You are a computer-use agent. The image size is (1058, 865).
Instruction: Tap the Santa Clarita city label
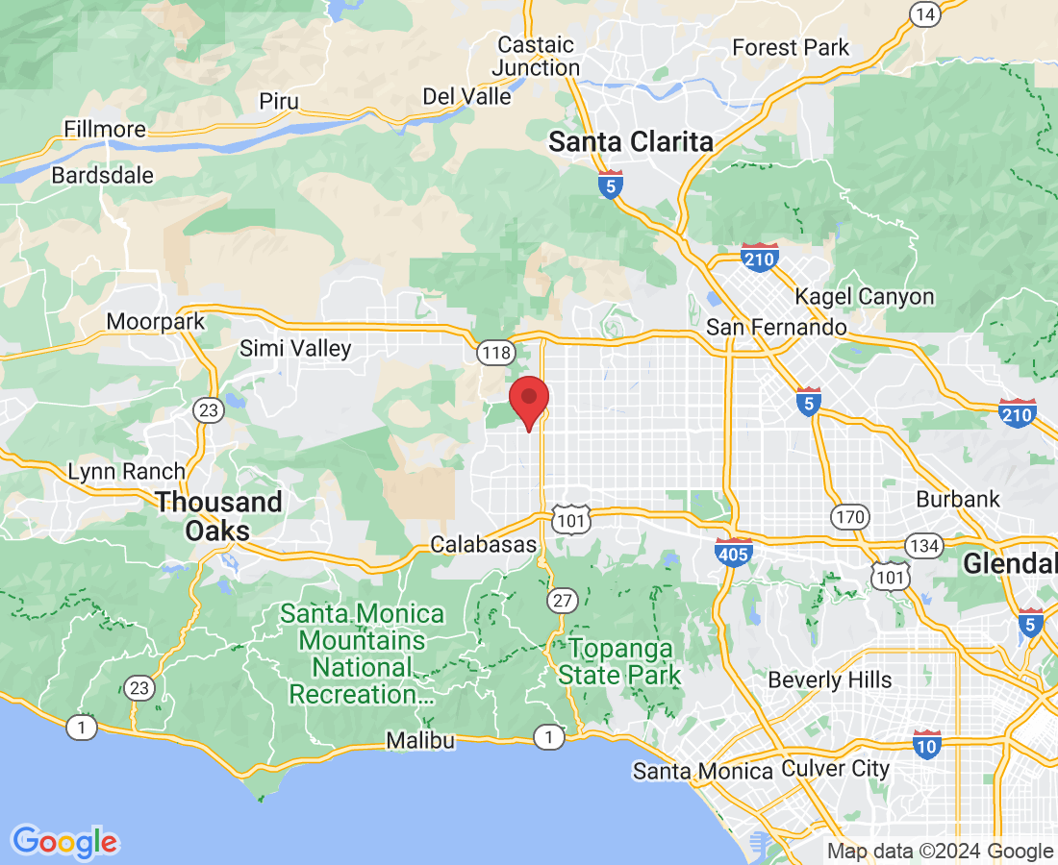tap(631, 142)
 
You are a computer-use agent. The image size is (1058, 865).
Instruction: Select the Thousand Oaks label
tap(218, 516)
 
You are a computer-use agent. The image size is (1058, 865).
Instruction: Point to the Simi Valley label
tap(295, 348)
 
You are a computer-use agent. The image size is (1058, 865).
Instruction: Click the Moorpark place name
tap(156, 321)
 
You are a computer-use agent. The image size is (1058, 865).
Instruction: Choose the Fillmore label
tap(105, 129)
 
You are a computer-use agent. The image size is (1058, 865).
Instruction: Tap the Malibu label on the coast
tap(420, 740)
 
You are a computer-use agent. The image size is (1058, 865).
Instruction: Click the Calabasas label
tap(483, 544)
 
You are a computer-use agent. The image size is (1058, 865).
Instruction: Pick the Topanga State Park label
tap(619, 661)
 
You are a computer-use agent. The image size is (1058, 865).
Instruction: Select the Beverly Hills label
tap(829, 680)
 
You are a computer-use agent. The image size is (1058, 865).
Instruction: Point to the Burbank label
tap(958, 499)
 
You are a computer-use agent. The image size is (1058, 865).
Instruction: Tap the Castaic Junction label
tap(536, 56)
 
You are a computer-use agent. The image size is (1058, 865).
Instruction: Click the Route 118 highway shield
tap(495, 353)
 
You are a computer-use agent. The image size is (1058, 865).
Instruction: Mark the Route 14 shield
tap(925, 12)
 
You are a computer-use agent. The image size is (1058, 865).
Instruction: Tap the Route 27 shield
tap(563, 602)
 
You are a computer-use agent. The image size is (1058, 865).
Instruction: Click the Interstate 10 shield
tap(927, 743)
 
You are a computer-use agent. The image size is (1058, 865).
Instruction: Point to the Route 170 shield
tap(851, 517)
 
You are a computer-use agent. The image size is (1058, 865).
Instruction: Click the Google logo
tap(65, 841)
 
